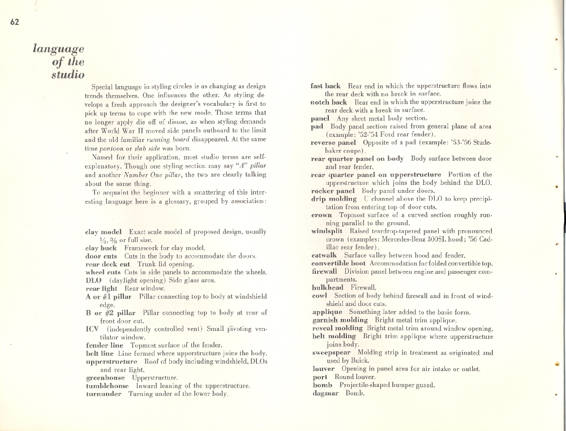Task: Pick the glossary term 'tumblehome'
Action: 107,385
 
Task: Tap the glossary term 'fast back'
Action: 325,86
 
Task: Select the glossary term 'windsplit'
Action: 331,231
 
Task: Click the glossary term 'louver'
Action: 324,369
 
